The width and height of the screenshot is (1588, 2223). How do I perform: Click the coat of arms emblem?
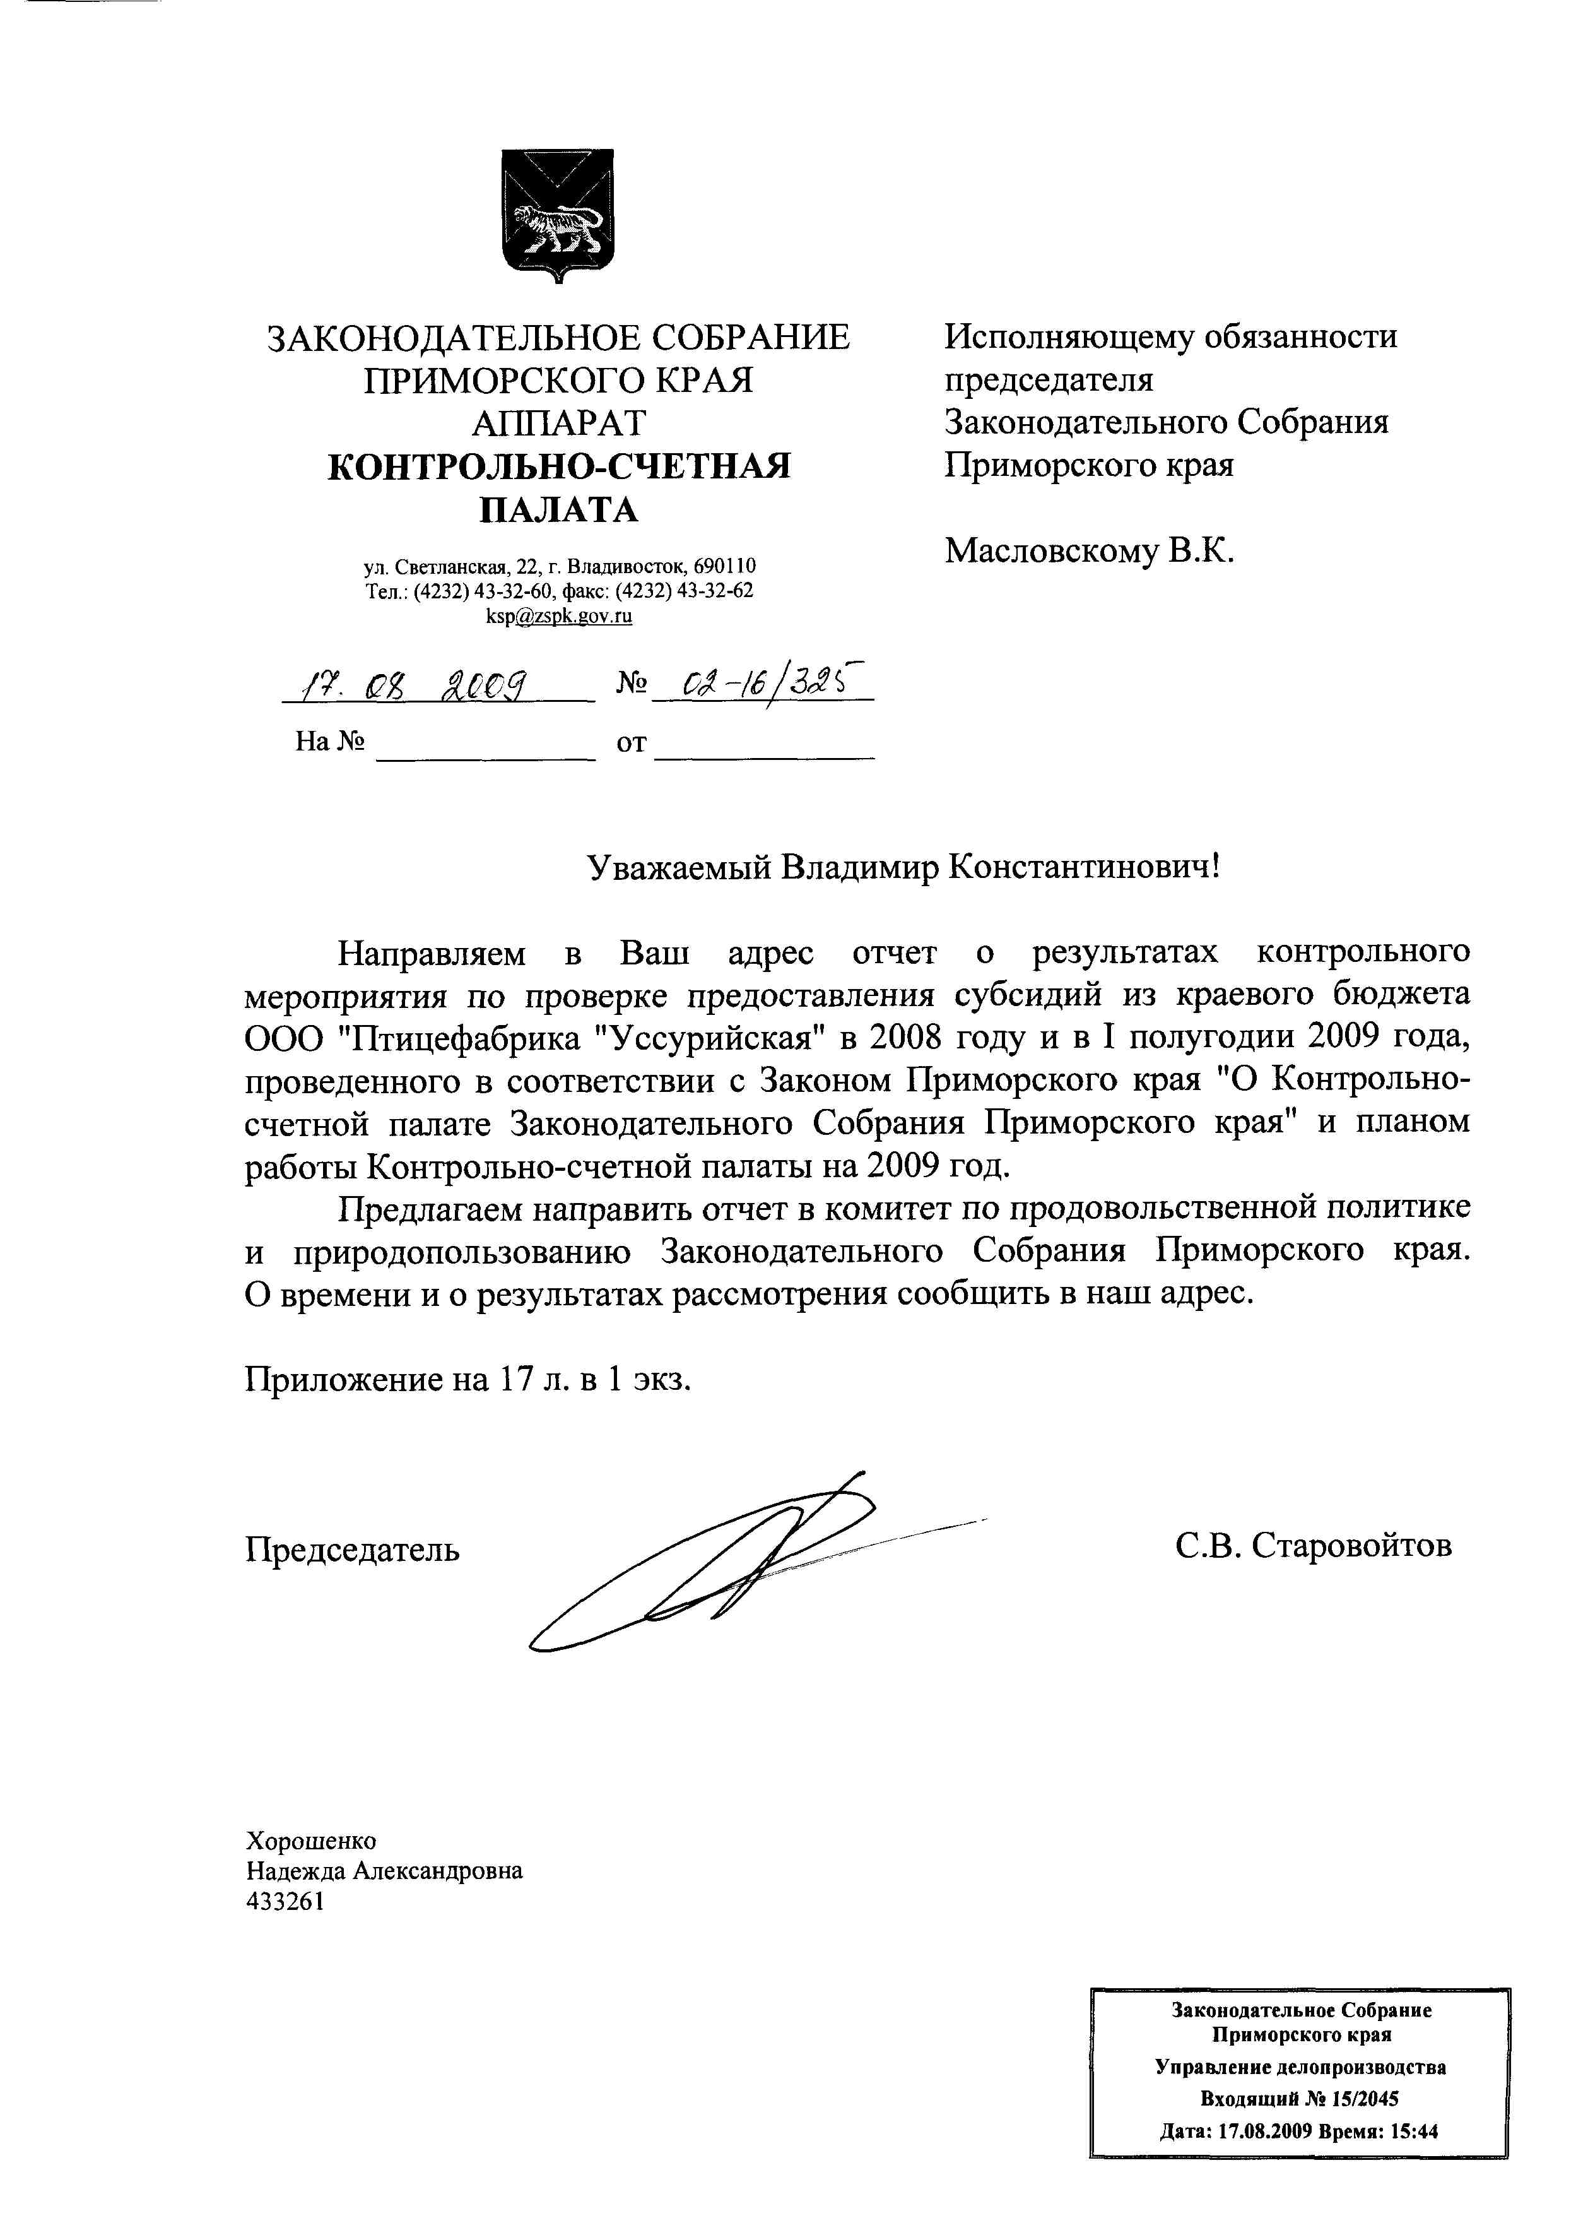coord(557,215)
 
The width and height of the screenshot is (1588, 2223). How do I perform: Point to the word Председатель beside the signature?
coord(352,1549)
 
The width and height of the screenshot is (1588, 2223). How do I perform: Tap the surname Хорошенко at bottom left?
coord(311,1840)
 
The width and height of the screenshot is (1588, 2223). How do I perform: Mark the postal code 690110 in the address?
coord(724,566)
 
